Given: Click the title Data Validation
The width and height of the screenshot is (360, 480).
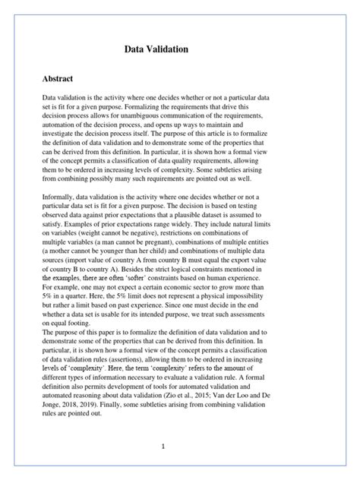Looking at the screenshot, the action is coord(161,50).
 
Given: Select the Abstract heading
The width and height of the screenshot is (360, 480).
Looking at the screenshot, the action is coord(62,79).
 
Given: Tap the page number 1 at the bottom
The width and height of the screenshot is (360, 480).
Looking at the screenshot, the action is coord(163,447).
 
